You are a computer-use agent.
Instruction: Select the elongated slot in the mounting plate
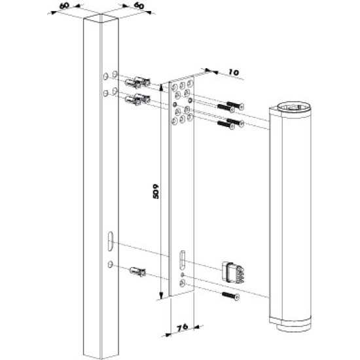183,260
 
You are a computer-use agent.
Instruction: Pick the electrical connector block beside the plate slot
233,270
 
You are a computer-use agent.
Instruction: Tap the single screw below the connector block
230,297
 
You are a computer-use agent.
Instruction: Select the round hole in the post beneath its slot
109,264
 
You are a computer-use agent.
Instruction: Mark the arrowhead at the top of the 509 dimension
160,83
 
